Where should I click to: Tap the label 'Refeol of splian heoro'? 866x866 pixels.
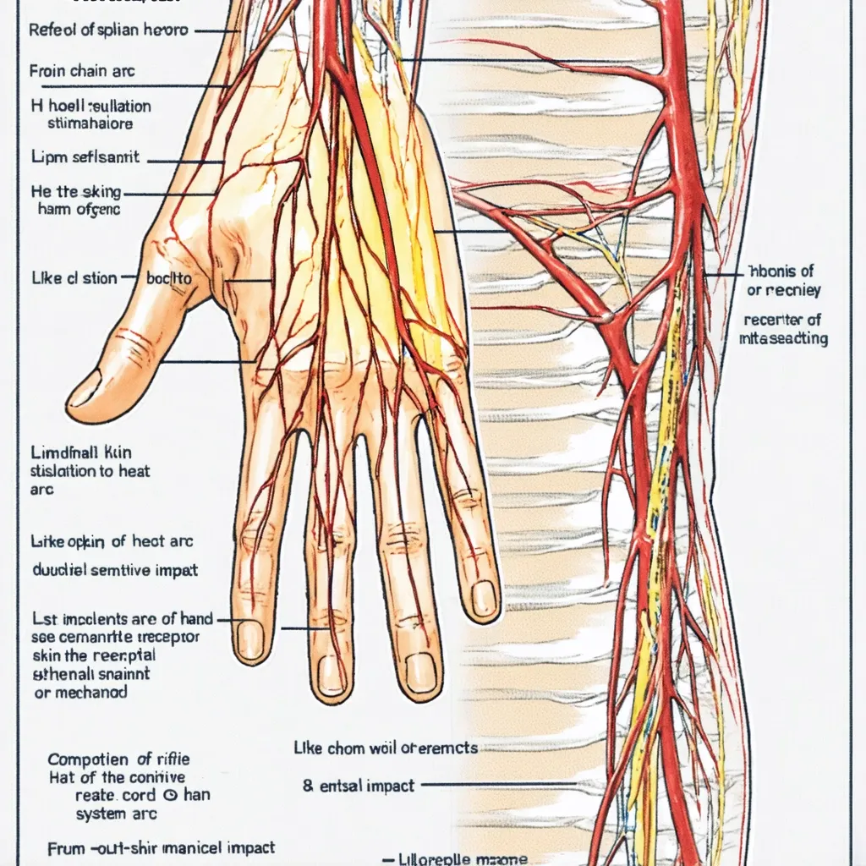tap(107, 30)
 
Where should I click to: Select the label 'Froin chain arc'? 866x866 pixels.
tap(82, 71)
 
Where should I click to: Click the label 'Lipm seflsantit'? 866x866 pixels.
tap(85, 157)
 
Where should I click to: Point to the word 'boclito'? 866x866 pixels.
tap(169, 277)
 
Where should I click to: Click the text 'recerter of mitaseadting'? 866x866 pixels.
tap(783, 329)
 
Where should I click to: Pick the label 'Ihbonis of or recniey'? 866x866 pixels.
tap(781, 280)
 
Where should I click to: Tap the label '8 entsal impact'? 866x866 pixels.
tap(359, 786)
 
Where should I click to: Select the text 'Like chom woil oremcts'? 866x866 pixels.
tap(385, 748)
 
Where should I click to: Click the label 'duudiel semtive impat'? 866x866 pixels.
tap(115, 569)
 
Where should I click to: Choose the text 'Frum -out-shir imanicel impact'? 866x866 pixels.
tap(161, 847)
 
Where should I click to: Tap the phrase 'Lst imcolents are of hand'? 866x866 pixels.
tap(122, 619)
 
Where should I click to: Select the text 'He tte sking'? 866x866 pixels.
tap(76, 193)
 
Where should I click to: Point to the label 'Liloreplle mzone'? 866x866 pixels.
tap(461, 859)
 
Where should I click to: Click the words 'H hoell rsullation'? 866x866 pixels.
tap(90, 107)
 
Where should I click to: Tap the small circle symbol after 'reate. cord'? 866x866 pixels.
tap(169, 795)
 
